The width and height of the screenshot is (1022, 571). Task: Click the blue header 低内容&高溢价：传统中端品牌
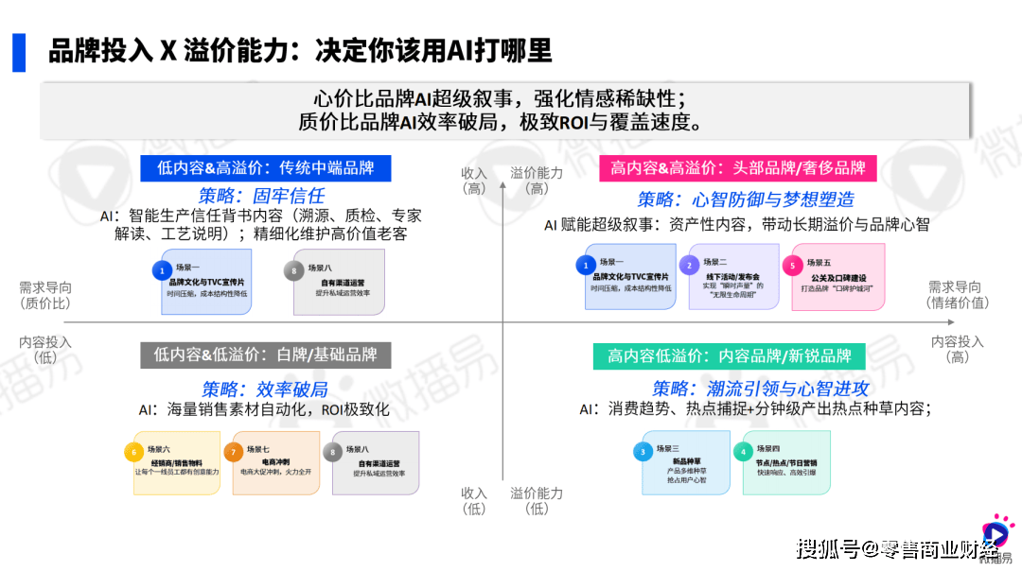266,168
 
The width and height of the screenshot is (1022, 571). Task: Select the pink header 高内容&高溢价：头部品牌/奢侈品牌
737,168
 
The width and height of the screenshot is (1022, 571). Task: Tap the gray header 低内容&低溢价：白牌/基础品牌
266,355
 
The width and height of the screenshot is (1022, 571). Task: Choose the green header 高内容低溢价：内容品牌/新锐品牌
729,356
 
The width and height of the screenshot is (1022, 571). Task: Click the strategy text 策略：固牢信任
261,196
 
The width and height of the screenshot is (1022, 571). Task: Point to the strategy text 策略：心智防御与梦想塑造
746,199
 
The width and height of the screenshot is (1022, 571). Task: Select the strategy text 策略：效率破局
264,389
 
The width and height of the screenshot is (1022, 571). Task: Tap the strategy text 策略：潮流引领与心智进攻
761,389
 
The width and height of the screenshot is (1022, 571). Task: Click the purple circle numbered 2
692,265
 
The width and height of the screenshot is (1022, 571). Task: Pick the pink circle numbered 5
793,265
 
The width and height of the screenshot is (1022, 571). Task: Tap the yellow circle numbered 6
136,452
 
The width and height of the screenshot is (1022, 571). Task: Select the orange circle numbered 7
234,452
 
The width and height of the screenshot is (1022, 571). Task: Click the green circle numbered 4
746,452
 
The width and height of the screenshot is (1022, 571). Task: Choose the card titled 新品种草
685,462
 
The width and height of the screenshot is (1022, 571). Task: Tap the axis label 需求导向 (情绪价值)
958,295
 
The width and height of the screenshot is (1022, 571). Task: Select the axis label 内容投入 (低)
45,349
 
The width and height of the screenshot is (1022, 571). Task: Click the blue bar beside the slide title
19,51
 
